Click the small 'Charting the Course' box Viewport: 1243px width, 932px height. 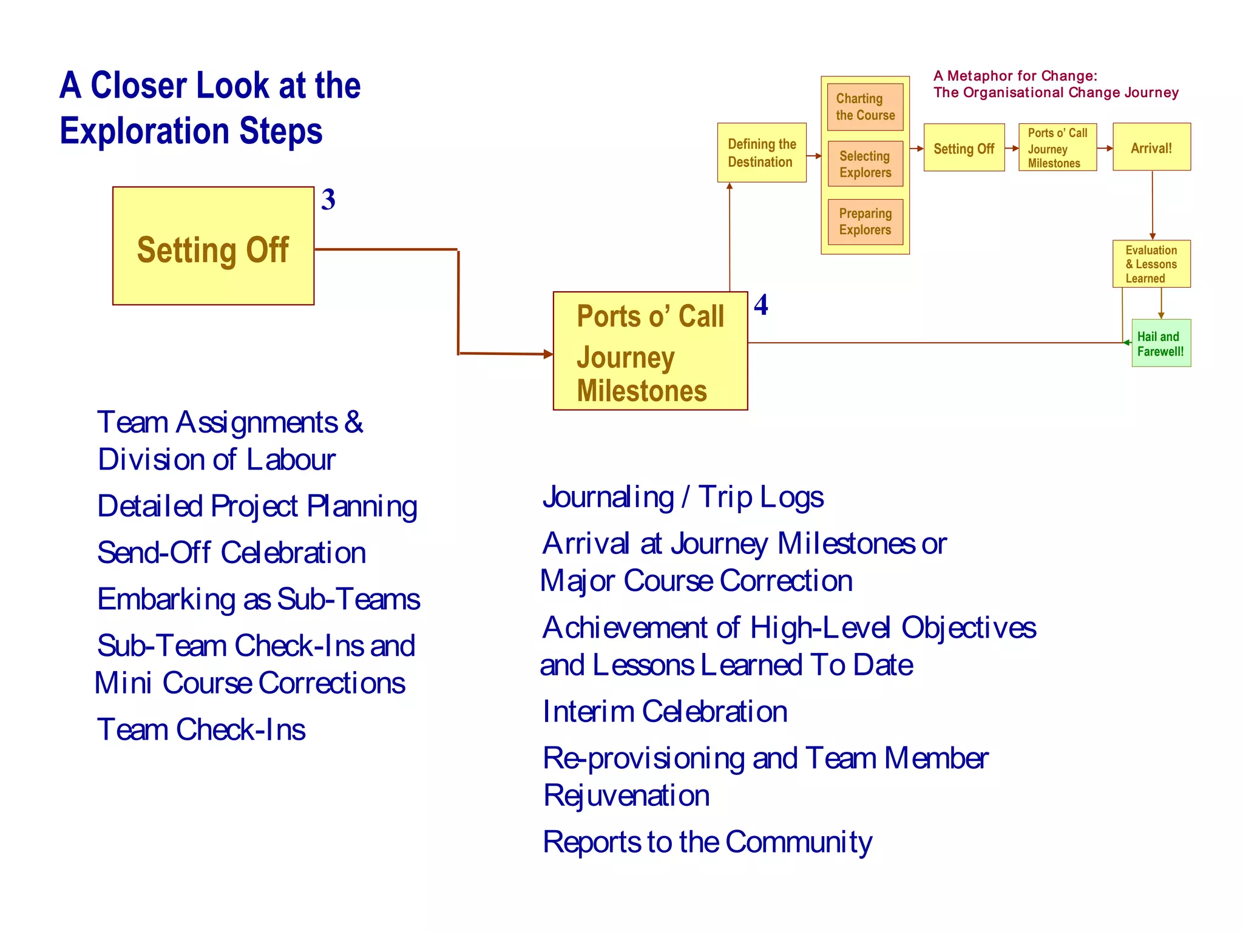pyautogui.click(x=865, y=107)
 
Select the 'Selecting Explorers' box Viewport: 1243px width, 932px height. pyautogui.click(x=865, y=164)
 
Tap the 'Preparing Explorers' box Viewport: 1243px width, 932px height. pyautogui.click(x=865, y=221)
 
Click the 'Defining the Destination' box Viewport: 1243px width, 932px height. pyautogui.click(x=762, y=153)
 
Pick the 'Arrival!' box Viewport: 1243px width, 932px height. pyautogui.click(x=1151, y=147)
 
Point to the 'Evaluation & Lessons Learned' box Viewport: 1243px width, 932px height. pyautogui.click(x=1151, y=264)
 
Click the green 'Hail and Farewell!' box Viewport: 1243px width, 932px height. pyautogui.click(x=1160, y=343)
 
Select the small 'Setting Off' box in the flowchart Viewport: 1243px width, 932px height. pyautogui.click(x=964, y=148)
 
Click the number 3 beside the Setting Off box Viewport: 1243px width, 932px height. pyautogui.click(x=328, y=200)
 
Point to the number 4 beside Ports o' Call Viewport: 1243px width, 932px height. pyautogui.click(x=761, y=305)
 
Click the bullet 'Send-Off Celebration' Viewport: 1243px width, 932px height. pyautogui.click(x=231, y=553)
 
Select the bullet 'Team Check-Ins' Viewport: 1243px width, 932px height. pyautogui.click(x=201, y=729)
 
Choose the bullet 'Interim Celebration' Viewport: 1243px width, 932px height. pyautogui.click(x=665, y=711)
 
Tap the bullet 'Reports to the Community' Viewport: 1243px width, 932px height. pyautogui.click(x=707, y=842)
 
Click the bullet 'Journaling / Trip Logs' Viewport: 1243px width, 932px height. pyautogui.click(x=683, y=497)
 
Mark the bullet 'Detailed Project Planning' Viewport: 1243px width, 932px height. pyautogui.click(x=257, y=506)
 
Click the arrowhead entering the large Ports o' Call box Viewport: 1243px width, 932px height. pyautogui.click(x=548, y=354)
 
